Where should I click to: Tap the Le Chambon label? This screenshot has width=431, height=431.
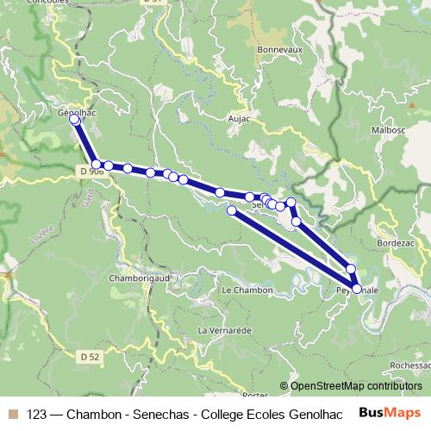pos(247,290)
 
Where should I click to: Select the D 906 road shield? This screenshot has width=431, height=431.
pos(91,171)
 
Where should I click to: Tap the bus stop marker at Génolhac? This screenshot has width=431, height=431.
pos(74,120)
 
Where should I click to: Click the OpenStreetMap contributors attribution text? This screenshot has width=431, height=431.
pos(356,385)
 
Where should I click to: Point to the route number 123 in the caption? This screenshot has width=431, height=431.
pos(37,413)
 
